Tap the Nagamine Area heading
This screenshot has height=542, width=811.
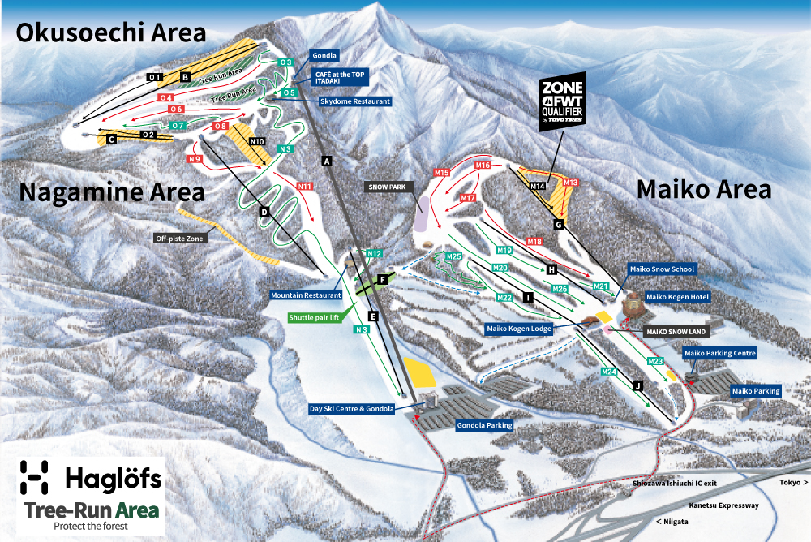[112, 192]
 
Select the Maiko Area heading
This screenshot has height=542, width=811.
[703, 189]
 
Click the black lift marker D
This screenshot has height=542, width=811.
[264, 212]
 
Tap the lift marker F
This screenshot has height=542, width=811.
[383, 280]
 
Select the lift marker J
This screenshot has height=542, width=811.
[637, 385]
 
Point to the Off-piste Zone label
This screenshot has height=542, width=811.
[180, 239]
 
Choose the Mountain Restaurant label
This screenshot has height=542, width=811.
[306, 296]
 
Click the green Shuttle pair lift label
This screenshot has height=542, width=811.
[315, 318]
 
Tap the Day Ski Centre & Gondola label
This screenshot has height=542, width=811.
[352, 409]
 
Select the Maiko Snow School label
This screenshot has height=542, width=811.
[663, 269]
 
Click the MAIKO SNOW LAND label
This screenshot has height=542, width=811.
[677, 332]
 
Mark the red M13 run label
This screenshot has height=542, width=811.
[570, 183]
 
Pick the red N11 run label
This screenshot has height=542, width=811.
[304, 187]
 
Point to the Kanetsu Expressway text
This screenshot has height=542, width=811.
[723, 505]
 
